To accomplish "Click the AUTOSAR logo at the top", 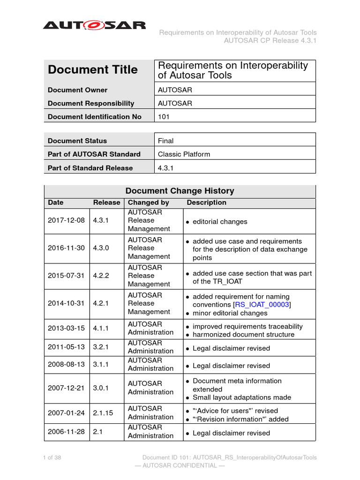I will [94, 25].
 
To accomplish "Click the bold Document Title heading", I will [93, 70].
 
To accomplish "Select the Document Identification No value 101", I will [164, 117].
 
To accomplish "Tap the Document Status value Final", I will [165, 141].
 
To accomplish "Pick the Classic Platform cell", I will [184, 154].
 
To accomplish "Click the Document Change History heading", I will [180, 191].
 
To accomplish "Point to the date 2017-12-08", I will [66, 220].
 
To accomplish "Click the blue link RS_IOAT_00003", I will [262, 305].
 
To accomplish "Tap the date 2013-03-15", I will [66, 328].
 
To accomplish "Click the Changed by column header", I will [148, 202].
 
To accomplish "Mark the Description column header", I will [206, 202].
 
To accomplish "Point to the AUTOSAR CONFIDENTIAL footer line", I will [180, 465].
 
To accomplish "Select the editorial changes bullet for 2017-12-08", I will [219, 222].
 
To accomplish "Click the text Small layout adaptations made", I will [242, 397].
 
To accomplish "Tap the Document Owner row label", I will [77, 90].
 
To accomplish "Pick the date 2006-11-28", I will [66, 432].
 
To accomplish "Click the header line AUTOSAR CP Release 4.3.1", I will [270, 40].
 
